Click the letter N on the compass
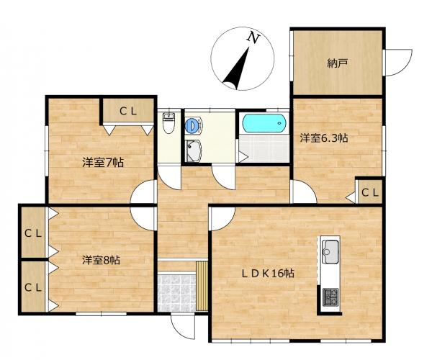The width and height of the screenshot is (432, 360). [253, 37]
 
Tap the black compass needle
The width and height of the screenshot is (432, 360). [238, 71]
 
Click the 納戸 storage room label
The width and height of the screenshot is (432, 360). [337, 64]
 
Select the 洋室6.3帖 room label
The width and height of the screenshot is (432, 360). [324, 138]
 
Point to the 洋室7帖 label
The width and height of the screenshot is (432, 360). [103, 163]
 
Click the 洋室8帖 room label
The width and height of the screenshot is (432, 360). [101, 260]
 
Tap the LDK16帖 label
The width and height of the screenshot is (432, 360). [268, 273]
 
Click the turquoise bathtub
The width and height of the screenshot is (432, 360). [264, 123]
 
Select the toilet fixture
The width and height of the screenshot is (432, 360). [168, 123]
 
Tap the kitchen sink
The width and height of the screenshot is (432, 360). [330, 251]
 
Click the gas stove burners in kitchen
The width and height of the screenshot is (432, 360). [330, 297]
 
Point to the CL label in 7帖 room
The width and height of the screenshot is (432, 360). [128, 112]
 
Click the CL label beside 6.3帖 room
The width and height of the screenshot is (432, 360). [370, 192]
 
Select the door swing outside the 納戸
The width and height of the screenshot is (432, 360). [397, 63]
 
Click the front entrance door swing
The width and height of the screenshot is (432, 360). [183, 327]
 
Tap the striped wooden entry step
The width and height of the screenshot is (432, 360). [202, 286]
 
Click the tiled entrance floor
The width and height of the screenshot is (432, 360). [176, 292]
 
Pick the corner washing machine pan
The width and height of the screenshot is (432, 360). [194, 150]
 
